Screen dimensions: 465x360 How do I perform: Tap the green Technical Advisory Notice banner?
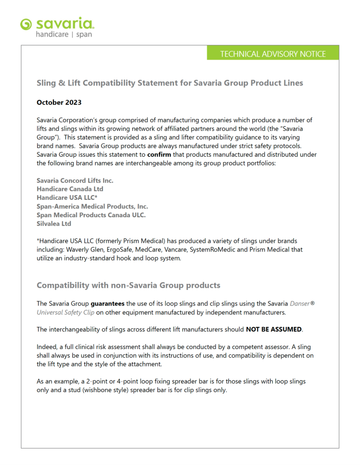[x=273, y=53]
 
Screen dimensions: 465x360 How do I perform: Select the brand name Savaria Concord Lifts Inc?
[x=75, y=180]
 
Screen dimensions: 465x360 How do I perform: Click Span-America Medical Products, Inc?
[x=92, y=206]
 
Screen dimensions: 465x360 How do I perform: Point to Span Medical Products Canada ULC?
[x=91, y=215]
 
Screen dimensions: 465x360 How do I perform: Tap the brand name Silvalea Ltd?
[x=54, y=224]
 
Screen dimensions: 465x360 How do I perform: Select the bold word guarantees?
[x=107, y=304]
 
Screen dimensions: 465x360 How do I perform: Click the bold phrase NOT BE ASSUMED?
[x=274, y=329]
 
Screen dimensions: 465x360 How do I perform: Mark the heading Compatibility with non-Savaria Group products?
[x=128, y=285]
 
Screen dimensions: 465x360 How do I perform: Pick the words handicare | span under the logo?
[x=64, y=35]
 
